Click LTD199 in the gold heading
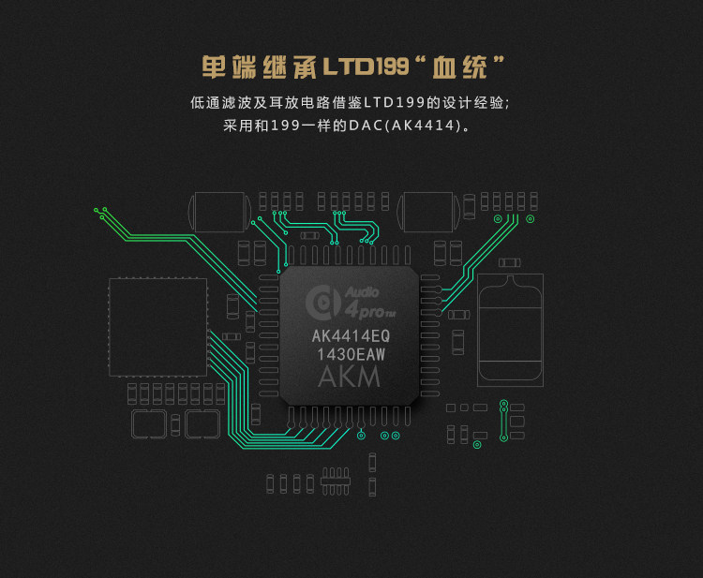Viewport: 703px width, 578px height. tap(365, 67)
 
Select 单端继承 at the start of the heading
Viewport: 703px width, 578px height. tap(259, 67)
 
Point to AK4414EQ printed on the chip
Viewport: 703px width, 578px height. tap(350, 335)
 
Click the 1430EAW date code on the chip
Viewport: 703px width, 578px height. tap(350, 354)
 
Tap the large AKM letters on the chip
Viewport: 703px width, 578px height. tap(350, 378)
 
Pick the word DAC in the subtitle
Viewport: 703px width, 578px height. tap(367, 125)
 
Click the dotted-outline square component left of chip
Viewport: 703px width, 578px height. tap(157, 326)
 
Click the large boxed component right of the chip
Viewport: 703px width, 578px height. tap(510, 329)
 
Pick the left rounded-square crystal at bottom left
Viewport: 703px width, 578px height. tap(149, 424)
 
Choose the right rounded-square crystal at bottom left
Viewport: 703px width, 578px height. tap(202, 424)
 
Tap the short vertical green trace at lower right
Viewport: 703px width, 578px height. tap(504, 420)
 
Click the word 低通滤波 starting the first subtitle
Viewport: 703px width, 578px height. tap(222, 101)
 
